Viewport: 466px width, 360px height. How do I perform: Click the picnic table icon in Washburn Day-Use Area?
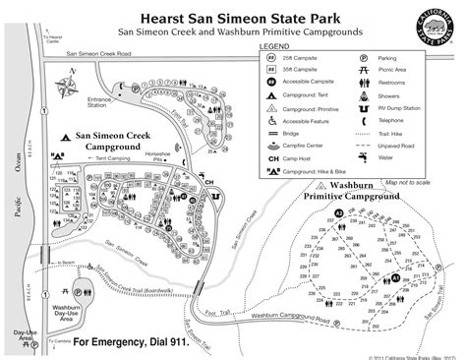click(x=63, y=291)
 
